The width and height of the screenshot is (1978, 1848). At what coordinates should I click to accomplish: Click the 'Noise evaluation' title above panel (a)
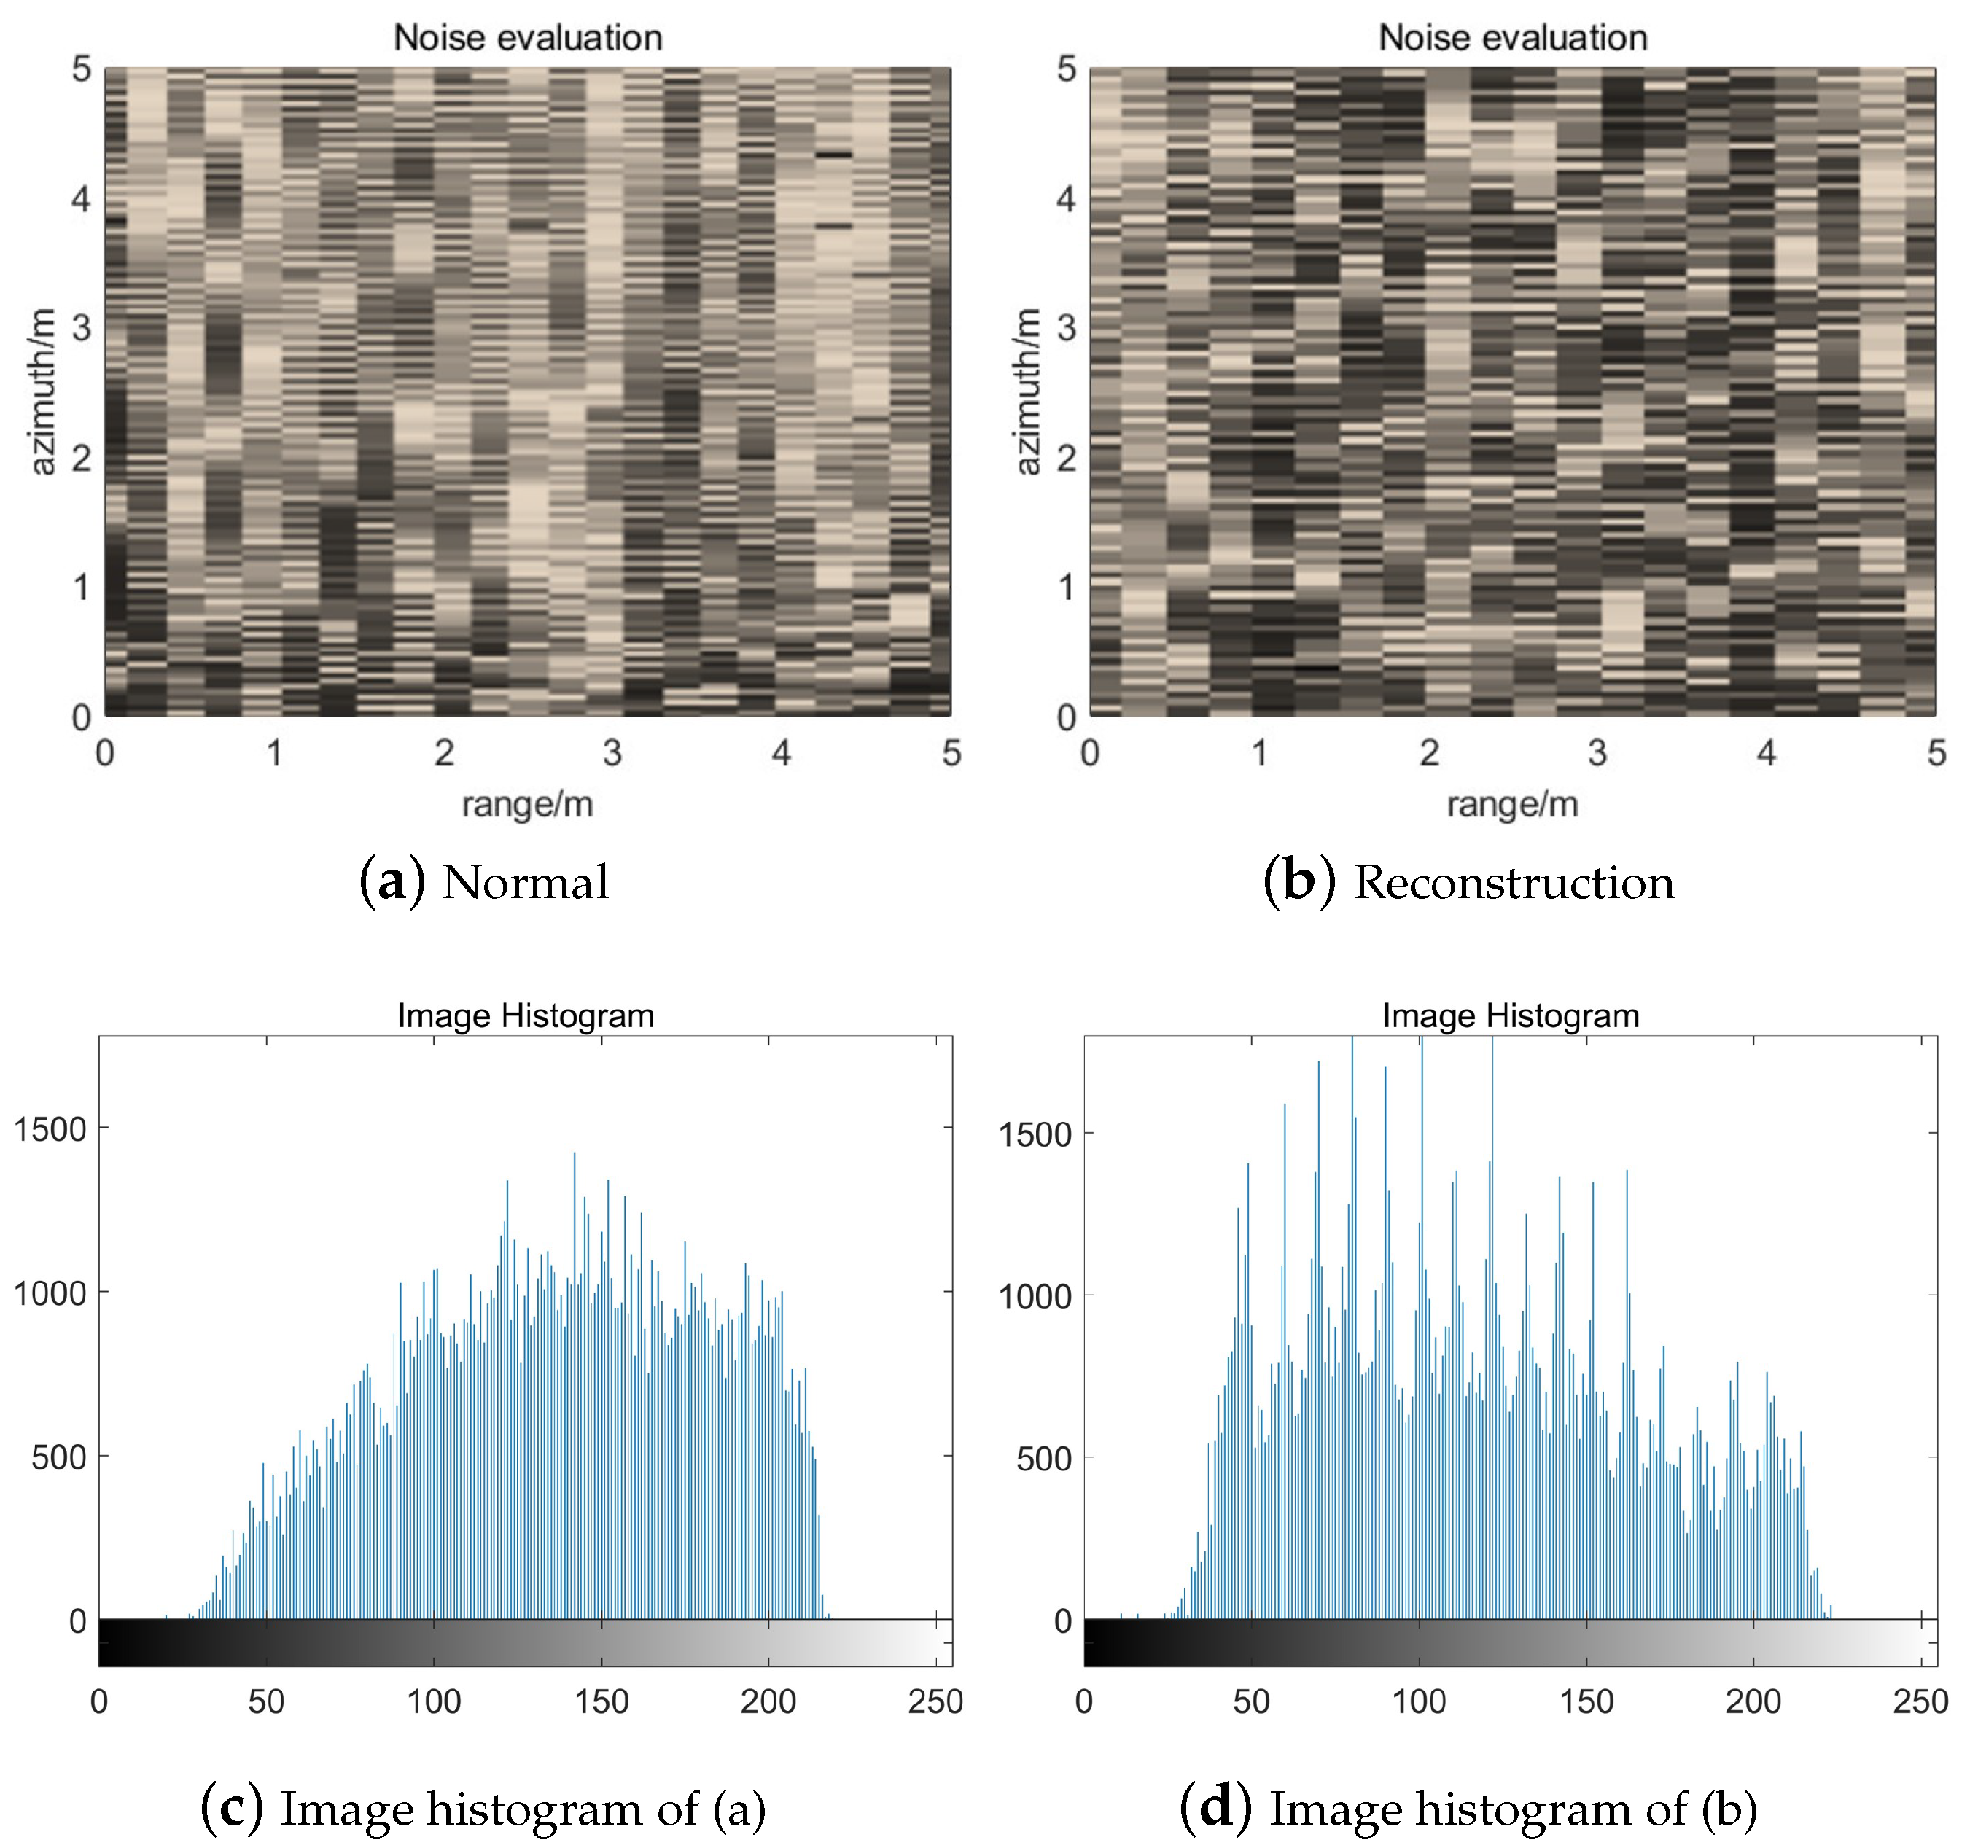click(x=527, y=38)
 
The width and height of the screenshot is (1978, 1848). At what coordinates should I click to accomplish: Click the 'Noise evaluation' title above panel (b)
click(x=1512, y=38)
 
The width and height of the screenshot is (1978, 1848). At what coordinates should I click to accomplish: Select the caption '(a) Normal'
click(x=485, y=882)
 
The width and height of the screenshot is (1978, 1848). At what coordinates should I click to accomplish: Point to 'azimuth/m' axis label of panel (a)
click(x=42, y=392)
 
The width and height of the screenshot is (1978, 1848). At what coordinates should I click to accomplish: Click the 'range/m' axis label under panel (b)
click(x=1512, y=803)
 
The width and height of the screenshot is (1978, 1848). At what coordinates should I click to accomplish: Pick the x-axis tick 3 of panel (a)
click(x=612, y=753)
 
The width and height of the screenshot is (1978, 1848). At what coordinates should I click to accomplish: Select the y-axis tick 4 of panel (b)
click(x=1066, y=199)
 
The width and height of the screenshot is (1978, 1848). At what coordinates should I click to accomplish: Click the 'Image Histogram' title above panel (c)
click(x=526, y=1015)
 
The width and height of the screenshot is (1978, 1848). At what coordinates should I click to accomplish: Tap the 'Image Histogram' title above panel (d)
click(x=1511, y=1015)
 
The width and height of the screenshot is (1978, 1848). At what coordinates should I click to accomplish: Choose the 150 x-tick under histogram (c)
click(x=601, y=1701)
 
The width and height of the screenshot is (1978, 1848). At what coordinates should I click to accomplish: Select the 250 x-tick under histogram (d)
click(x=1919, y=1701)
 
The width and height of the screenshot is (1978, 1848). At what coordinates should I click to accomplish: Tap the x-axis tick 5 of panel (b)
click(x=1935, y=753)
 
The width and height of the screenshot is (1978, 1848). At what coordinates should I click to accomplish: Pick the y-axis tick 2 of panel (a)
click(x=82, y=459)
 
